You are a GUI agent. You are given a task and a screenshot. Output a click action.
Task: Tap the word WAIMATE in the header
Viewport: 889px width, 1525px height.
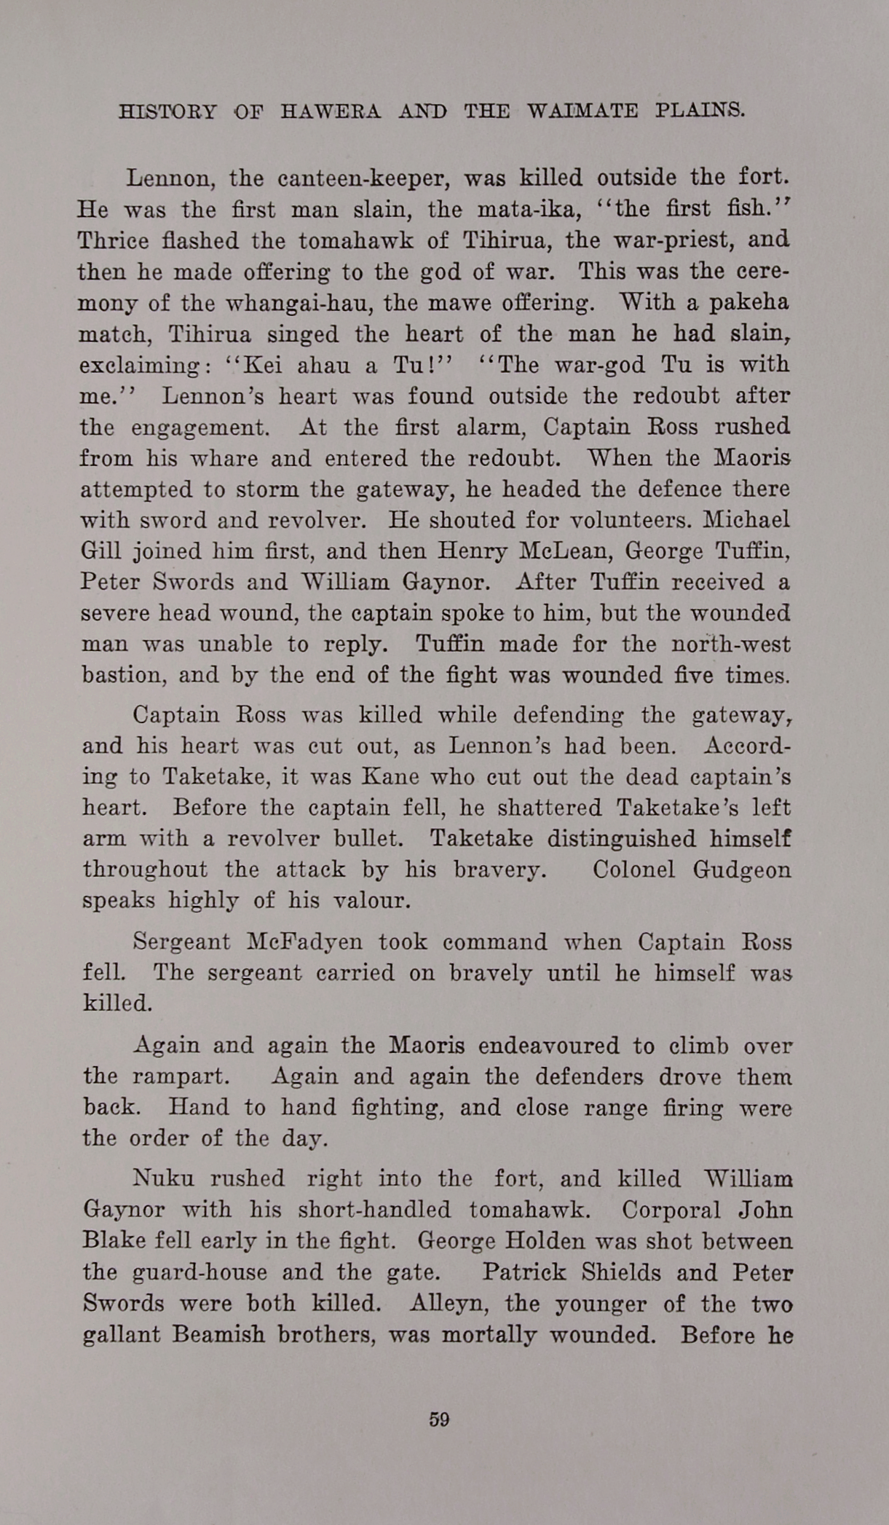(582, 111)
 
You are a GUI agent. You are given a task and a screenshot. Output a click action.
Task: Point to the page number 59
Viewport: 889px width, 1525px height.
(439, 1419)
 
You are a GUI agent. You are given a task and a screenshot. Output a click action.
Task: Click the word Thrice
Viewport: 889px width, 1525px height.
(113, 240)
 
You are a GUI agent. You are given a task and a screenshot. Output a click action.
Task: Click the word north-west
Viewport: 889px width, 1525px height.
(731, 645)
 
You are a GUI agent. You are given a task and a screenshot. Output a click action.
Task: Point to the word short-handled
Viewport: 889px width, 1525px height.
(374, 1210)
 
